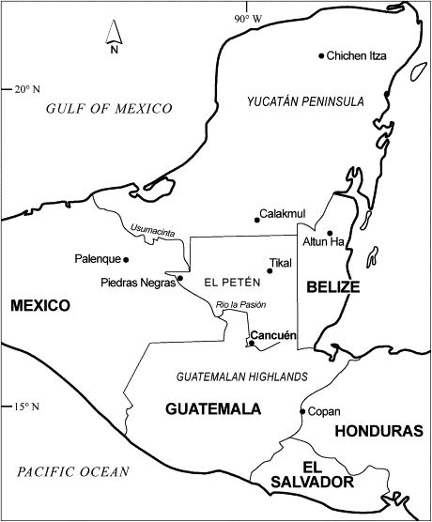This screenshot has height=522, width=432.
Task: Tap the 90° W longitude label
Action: [x=248, y=18]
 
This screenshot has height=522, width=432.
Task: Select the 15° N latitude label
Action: [x=23, y=407]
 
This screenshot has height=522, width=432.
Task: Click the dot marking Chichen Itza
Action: [x=321, y=56]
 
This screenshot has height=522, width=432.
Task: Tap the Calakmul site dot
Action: [x=256, y=221]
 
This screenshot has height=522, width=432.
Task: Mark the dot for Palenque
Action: [x=126, y=259]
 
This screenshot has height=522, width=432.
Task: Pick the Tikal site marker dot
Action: [x=270, y=271]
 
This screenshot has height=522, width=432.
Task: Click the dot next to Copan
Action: [x=301, y=411]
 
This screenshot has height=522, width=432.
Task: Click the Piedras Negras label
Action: [x=137, y=282]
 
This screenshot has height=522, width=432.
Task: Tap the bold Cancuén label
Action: [x=274, y=335]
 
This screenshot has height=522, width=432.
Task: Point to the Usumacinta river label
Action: [x=146, y=226]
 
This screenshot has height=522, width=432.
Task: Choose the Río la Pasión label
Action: [x=241, y=304]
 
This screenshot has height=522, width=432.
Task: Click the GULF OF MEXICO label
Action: [x=100, y=110]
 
